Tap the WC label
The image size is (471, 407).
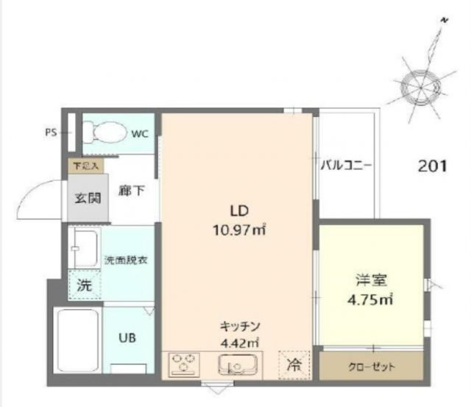pyautogui.click(x=140, y=134)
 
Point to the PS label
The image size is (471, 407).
pyautogui.click(x=51, y=133)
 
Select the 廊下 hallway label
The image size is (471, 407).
pyautogui.click(x=130, y=191)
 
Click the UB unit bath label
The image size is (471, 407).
pyautogui.click(x=127, y=338)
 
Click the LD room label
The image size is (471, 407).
pyautogui.click(x=237, y=208)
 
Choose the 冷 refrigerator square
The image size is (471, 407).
pyautogui.click(x=292, y=364)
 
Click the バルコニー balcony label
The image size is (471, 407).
pyautogui.click(x=346, y=165)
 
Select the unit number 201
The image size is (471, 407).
pyautogui.click(x=433, y=166)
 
